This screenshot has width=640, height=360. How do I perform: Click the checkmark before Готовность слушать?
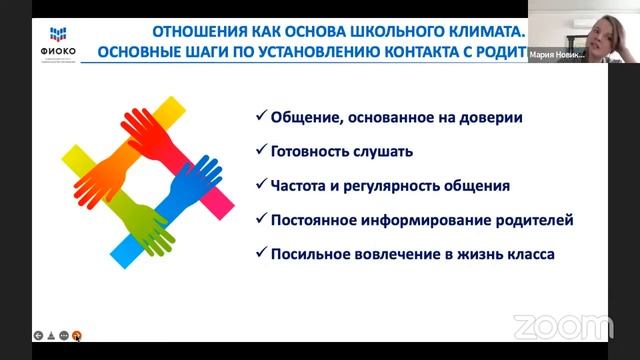coord(260,152)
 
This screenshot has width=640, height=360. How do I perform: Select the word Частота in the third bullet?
coord(302,186)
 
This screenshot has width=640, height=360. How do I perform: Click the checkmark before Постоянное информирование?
coord(260,219)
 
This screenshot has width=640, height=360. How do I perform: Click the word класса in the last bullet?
coord(527,253)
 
